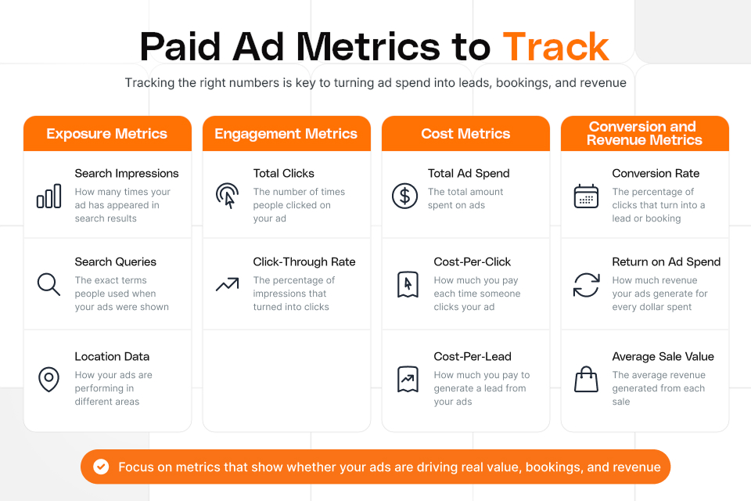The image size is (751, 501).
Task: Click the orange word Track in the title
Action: coord(555,46)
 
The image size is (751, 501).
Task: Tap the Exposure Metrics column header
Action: coord(107,133)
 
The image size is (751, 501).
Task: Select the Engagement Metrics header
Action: coord(286,133)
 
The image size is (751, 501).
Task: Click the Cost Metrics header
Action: coord(465,133)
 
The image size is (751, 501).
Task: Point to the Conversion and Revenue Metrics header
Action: coord(645,133)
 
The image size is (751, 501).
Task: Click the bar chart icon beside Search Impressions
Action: coord(49,196)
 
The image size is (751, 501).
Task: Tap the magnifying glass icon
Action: coord(49,284)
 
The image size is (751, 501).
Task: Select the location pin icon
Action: coord(49,379)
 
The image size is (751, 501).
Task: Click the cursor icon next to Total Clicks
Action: coord(227,196)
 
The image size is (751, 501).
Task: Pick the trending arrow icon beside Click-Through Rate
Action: coord(227,284)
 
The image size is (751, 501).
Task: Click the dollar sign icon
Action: coord(404,196)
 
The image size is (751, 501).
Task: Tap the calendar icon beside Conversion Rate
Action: coord(586,196)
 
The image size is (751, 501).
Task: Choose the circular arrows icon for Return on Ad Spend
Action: coord(586,285)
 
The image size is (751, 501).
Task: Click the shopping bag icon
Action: coord(586,379)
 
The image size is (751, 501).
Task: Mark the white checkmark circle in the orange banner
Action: coord(101,467)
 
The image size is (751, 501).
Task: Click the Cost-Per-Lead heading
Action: coord(473,356)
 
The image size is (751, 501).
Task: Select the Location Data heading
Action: coord(112,356)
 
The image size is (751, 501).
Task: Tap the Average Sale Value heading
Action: coord(663,356)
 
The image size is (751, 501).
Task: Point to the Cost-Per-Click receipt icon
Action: coord(408,284)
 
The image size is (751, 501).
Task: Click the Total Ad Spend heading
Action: coord(469,173)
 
